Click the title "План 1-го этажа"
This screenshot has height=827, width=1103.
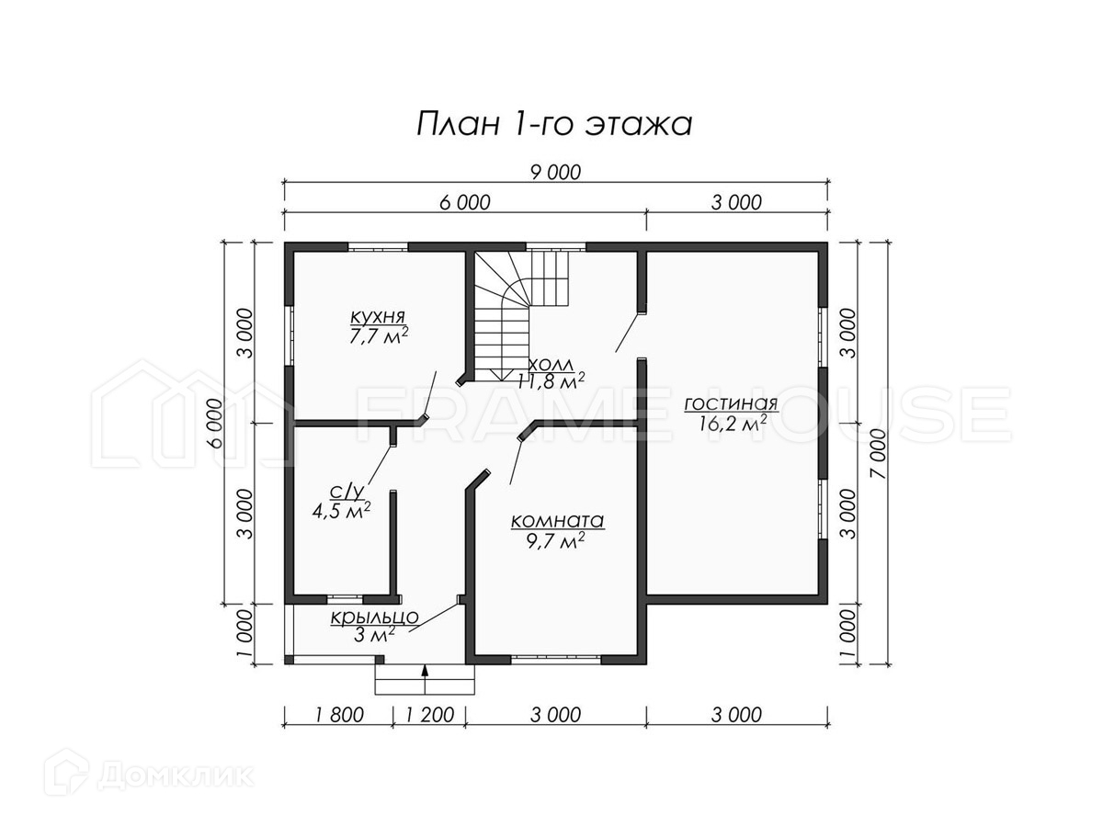554,123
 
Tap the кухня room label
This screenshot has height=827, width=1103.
378,317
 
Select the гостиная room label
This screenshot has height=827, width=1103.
731,403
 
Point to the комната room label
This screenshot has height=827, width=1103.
557,521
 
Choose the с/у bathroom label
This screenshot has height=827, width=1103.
347,493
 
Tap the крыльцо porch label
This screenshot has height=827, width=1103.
374,617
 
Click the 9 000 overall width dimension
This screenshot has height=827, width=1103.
555,172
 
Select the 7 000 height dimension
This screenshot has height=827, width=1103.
879,454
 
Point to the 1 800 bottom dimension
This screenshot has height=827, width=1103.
339,715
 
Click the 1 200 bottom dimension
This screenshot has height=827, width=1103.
429,715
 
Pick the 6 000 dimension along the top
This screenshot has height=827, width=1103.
465,202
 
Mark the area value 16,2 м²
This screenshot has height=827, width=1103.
733,424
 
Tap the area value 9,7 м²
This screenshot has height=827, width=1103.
555,541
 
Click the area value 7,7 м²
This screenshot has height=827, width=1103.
379,336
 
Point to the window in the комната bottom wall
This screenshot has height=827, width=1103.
556,660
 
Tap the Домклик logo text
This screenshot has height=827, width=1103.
176,776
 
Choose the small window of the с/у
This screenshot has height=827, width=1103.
345,598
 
